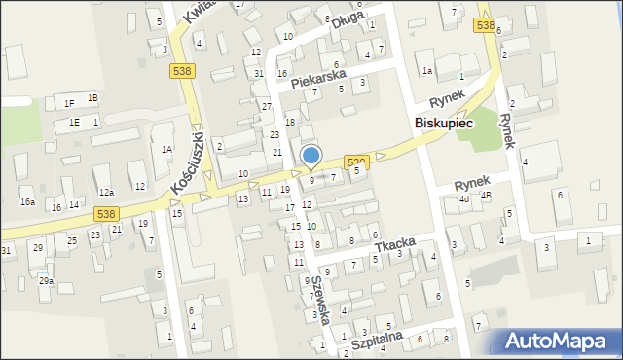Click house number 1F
click(69, 103)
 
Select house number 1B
click(92, 98)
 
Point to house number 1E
click(74, 123)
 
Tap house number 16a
click(28, 202)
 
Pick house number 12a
click(106, 193)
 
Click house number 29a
click(46, 280)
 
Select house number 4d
click(464, 199)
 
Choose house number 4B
click(486, 195)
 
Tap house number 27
click(266, 105)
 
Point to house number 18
click(289, 121)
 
